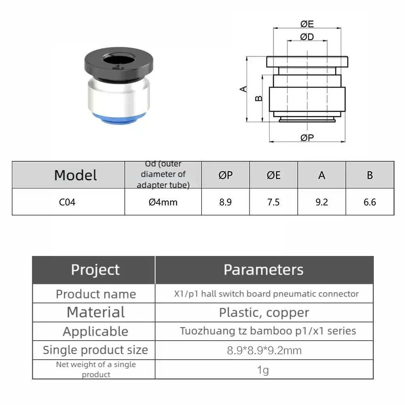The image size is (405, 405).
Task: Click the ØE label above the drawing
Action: tap(307, 24)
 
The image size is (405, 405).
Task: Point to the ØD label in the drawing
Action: tap(307, 37)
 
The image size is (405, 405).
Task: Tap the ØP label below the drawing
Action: tap(307, 138)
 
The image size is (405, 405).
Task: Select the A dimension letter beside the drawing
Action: tap(243, 89)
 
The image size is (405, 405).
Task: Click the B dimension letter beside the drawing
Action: tap(258, 98)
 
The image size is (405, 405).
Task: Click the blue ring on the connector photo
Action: tap(119, 119)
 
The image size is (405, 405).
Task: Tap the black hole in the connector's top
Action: tap(119, 60)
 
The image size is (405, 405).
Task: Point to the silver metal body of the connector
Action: tap(119, 97)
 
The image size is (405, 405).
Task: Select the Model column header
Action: tap(75, 175)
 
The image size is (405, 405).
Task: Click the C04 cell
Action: tap(67, 202)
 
